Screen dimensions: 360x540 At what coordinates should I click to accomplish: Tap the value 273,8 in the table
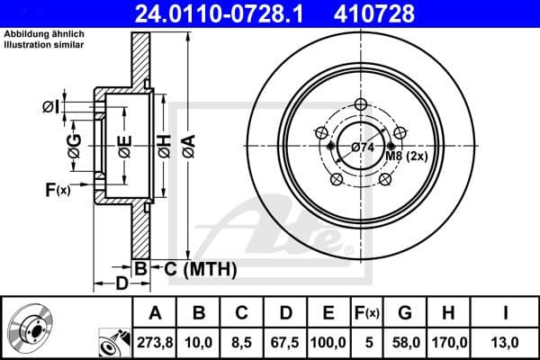click(x=154, y=342)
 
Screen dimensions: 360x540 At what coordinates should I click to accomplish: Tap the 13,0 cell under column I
click(x=507, y=342)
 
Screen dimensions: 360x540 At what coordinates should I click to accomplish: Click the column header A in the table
click(x=154, y=313)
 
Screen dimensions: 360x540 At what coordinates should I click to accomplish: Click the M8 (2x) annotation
click(x=406, y=156)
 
